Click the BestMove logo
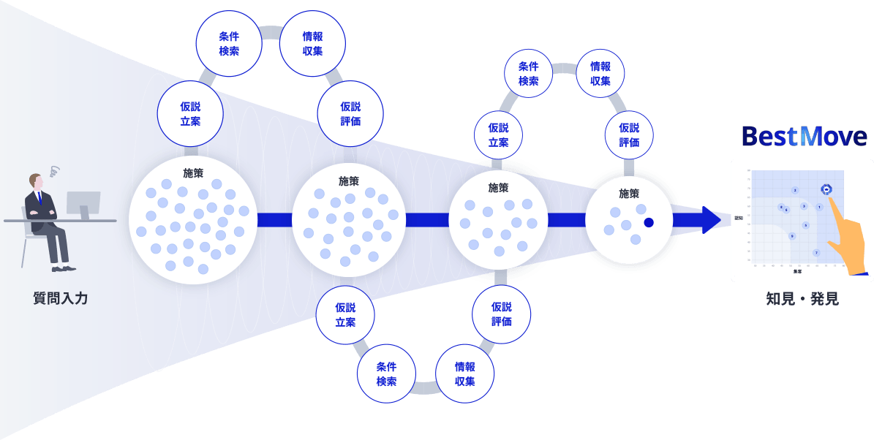pos(804,136)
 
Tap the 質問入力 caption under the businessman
pos(61,298)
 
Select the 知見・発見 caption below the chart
pos(802,298)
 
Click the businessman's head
pos(36,181)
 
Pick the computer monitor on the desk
pos(83,203)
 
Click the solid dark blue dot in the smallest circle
pos(649,222)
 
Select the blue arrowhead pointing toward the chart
pos(710,220)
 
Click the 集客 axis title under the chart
pos(797,271)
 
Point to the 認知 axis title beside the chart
pos(739,218)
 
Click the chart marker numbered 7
pos(816,253)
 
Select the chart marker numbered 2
pos(795,190)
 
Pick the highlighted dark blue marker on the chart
pos(826,189)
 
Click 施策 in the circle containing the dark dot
pos(629,194)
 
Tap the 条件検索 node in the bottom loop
pos(386,373)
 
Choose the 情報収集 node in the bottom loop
pos(464,373)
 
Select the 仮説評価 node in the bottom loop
pos(502,314)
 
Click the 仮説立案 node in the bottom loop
pos(345,315)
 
